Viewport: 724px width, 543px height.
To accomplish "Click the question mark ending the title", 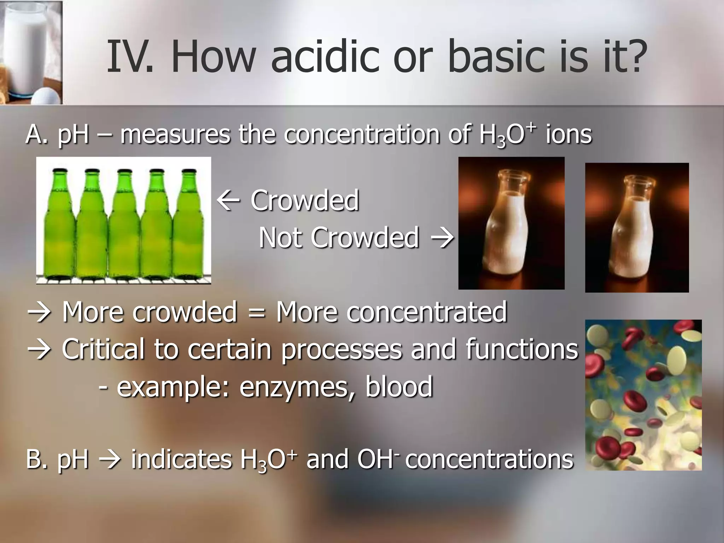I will (633, 57).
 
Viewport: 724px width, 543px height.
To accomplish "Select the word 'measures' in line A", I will (175, 135).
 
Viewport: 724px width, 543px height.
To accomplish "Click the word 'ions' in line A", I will (568, 135).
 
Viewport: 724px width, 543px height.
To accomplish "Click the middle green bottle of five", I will (123, 226).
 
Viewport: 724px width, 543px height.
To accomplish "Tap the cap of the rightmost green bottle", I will (189, 172).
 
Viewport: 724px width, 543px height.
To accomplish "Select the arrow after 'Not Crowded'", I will (442, 238).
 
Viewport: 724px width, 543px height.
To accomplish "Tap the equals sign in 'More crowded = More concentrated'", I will (256, 313).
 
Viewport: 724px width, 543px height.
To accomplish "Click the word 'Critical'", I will (103, 349).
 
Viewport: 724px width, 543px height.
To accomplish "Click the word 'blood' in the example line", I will (399, 387).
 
